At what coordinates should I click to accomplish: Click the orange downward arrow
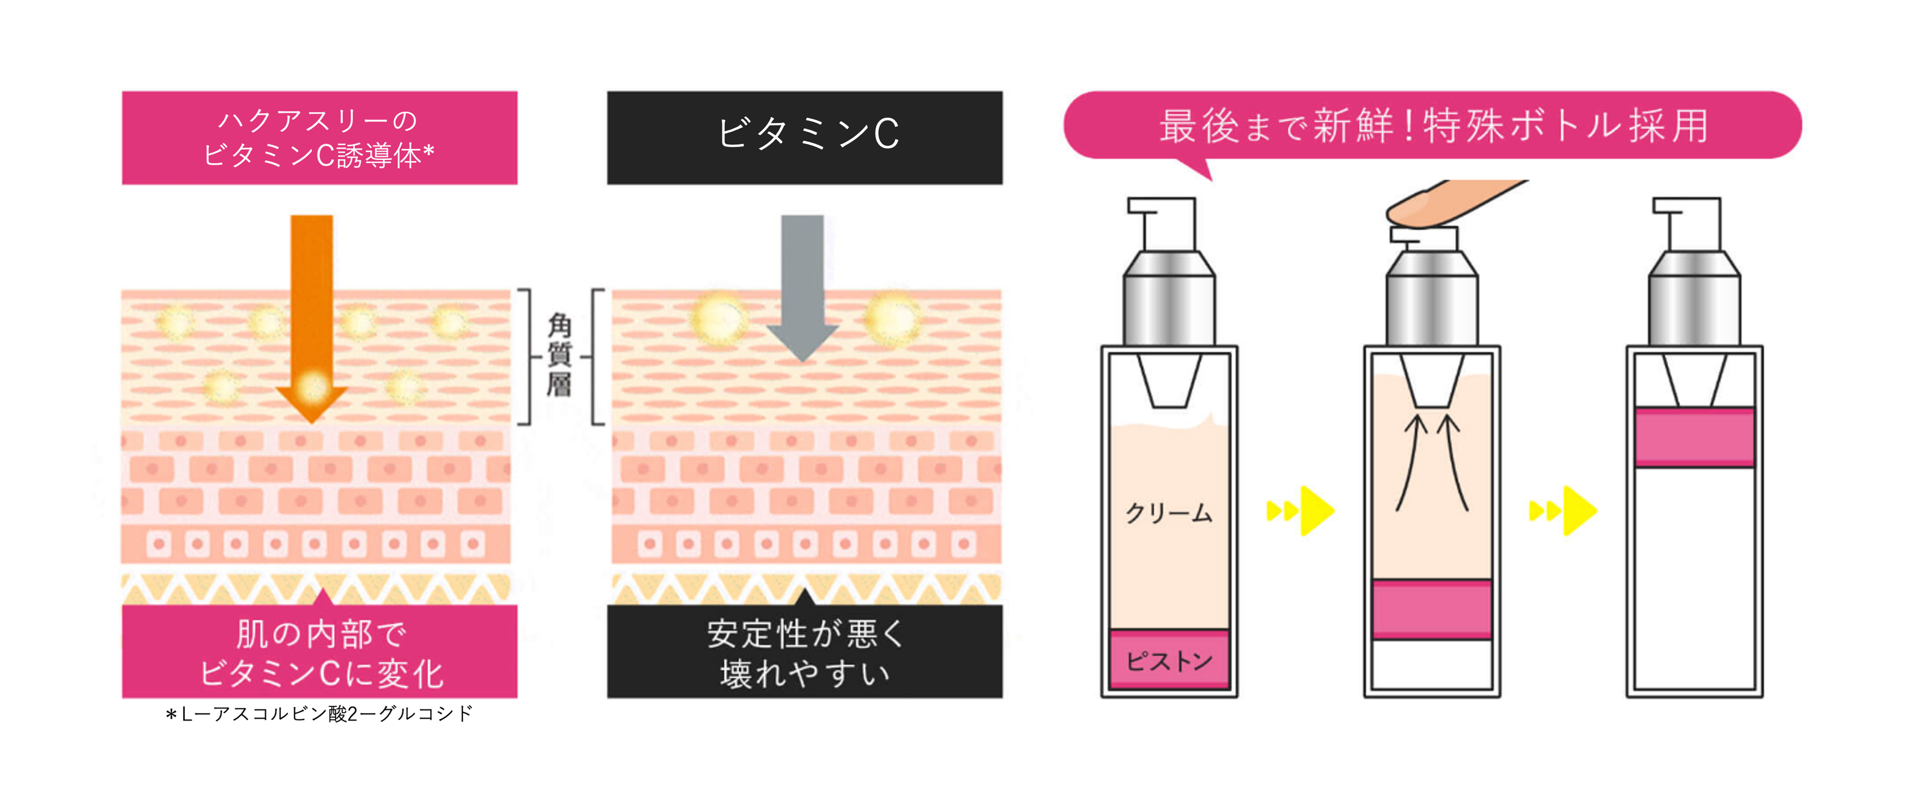point(311,298)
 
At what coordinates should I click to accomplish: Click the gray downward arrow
point(802,283)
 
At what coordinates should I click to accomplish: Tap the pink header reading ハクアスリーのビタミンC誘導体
point(319,138)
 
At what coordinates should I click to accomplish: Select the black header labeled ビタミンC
point(805,138)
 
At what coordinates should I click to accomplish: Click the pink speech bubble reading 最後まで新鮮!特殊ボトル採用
point(1432,125)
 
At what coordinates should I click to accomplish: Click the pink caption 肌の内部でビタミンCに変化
point(319,652)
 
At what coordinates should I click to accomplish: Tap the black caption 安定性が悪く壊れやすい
point(805,652)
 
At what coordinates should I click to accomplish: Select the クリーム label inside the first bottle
point(1168,512)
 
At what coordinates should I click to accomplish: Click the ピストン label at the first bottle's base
point(1168,660)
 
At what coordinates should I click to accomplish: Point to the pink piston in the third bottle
point(1694,437)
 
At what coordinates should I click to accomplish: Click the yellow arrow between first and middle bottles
point(1302,510)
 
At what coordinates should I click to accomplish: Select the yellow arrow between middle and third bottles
point(1564,510)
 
